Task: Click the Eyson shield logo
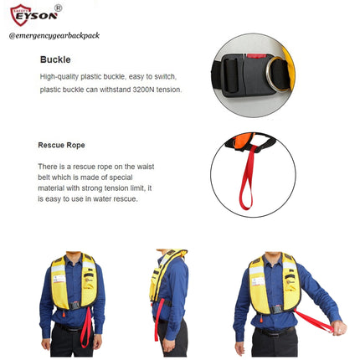point(20,15)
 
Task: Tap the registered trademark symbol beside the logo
point(58,8)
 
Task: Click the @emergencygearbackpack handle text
point(54,36)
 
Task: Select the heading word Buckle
point(55,59)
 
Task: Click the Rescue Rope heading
point(61,145)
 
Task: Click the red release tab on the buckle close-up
point(256,56)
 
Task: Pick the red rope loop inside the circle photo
point(247,178)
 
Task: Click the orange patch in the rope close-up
point(242,141)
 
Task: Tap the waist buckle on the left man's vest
point(75,306)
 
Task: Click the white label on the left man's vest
point(59,279)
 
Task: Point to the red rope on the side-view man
point(159,319)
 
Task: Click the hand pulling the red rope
point(339,327)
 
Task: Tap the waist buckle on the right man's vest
point(277,310)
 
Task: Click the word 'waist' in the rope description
point(146,167)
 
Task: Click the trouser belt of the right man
point(275,332)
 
